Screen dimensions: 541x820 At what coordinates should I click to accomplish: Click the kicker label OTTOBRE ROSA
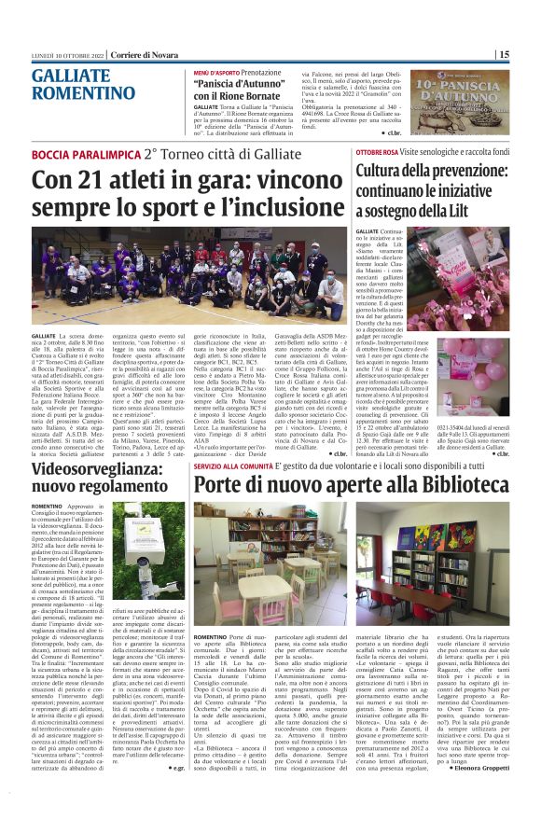(377, 151)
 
